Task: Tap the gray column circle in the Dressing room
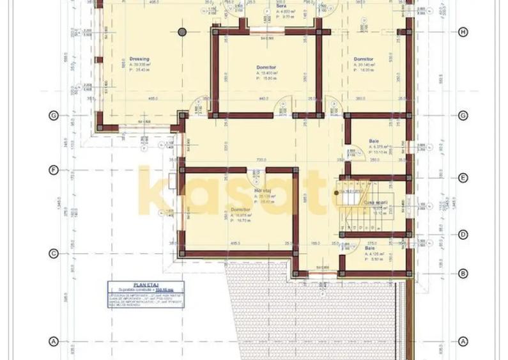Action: coord(182,31)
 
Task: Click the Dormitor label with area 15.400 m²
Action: coord(266,67)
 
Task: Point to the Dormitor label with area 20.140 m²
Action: coord(364,59)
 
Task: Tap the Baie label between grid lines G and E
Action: coord(374,141)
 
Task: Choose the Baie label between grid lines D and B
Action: coord(370,248)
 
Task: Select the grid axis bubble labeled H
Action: coord(463,32)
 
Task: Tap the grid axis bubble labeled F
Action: coord(54,170)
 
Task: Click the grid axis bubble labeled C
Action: coord(54,253)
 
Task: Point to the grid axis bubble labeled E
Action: coord(463,178)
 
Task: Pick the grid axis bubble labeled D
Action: coord(463,234)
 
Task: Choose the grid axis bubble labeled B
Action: coord(463,273)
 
